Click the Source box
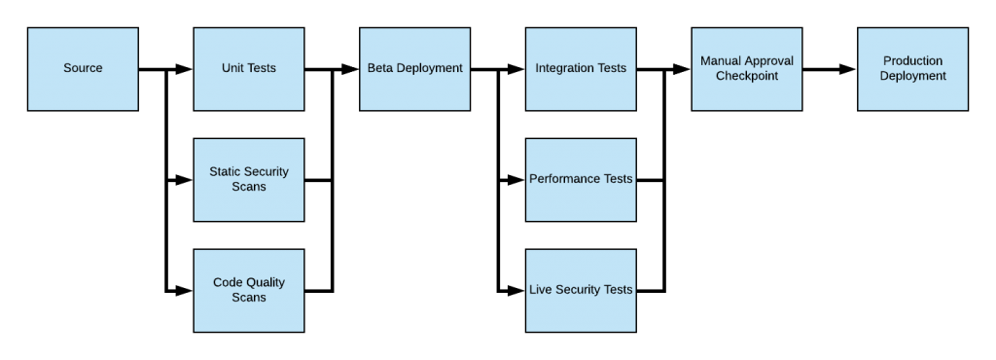(x=83, y=68)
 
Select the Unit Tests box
(x=249, y=68)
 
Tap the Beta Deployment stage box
(x=414, y=68)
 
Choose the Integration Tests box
(x=581, y=68)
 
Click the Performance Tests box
(x=581, y=179)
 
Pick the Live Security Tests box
(x=581, y=290)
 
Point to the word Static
(x=226, y=172)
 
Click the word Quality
(x=265, y=283)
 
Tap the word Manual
(x=721, y=61)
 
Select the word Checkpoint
(x=747, y=76)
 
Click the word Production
(x=912, y=61)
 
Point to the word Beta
(x=380, y=68)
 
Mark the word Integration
(x=565, y=68)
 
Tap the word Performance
(x=563, y=179)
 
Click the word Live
(x=541, y=290)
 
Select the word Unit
(x=232, y=68)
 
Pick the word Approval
(x=768, y=61)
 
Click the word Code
(x=228, y=283)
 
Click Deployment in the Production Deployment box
(x=912, y=76)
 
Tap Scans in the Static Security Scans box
(x=249, y=187)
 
